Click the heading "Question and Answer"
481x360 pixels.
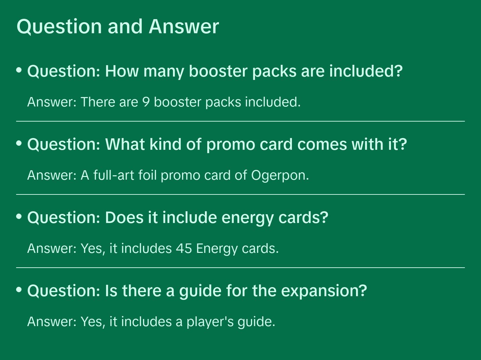click(x=118, y=27)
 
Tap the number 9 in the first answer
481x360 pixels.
click(x=146, y=102)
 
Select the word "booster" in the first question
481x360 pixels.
click(x=218, y=71)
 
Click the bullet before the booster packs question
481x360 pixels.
click(x=19, y=70)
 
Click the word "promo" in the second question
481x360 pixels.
click(x=231, y=145)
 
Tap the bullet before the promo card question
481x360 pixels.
click(x=19, y=143)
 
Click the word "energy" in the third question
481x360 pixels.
click(x=248, y=218)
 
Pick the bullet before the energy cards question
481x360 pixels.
click(x=19, y=216)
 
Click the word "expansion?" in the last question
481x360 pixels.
click(x=324, y=291)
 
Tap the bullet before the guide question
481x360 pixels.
click(x=19, y=289)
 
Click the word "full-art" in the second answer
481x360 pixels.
click(x=114, y=175)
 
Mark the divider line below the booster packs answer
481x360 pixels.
click(x=240, y=121)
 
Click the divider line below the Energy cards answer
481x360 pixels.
click(x=240, y=268)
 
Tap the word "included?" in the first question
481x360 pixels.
click(x=366, y=71)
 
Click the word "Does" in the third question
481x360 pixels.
click(x=124, y=218)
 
